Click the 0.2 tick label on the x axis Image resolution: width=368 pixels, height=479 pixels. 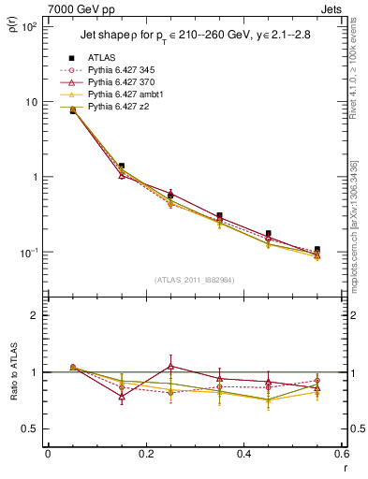tap(145, 455)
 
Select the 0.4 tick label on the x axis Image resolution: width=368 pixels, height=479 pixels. tap(243, 455)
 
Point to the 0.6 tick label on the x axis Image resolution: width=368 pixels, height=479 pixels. tap(341, 455)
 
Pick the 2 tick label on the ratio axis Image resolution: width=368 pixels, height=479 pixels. tap(36, 315)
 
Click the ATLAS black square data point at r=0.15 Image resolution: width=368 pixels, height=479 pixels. tap(122, 166)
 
